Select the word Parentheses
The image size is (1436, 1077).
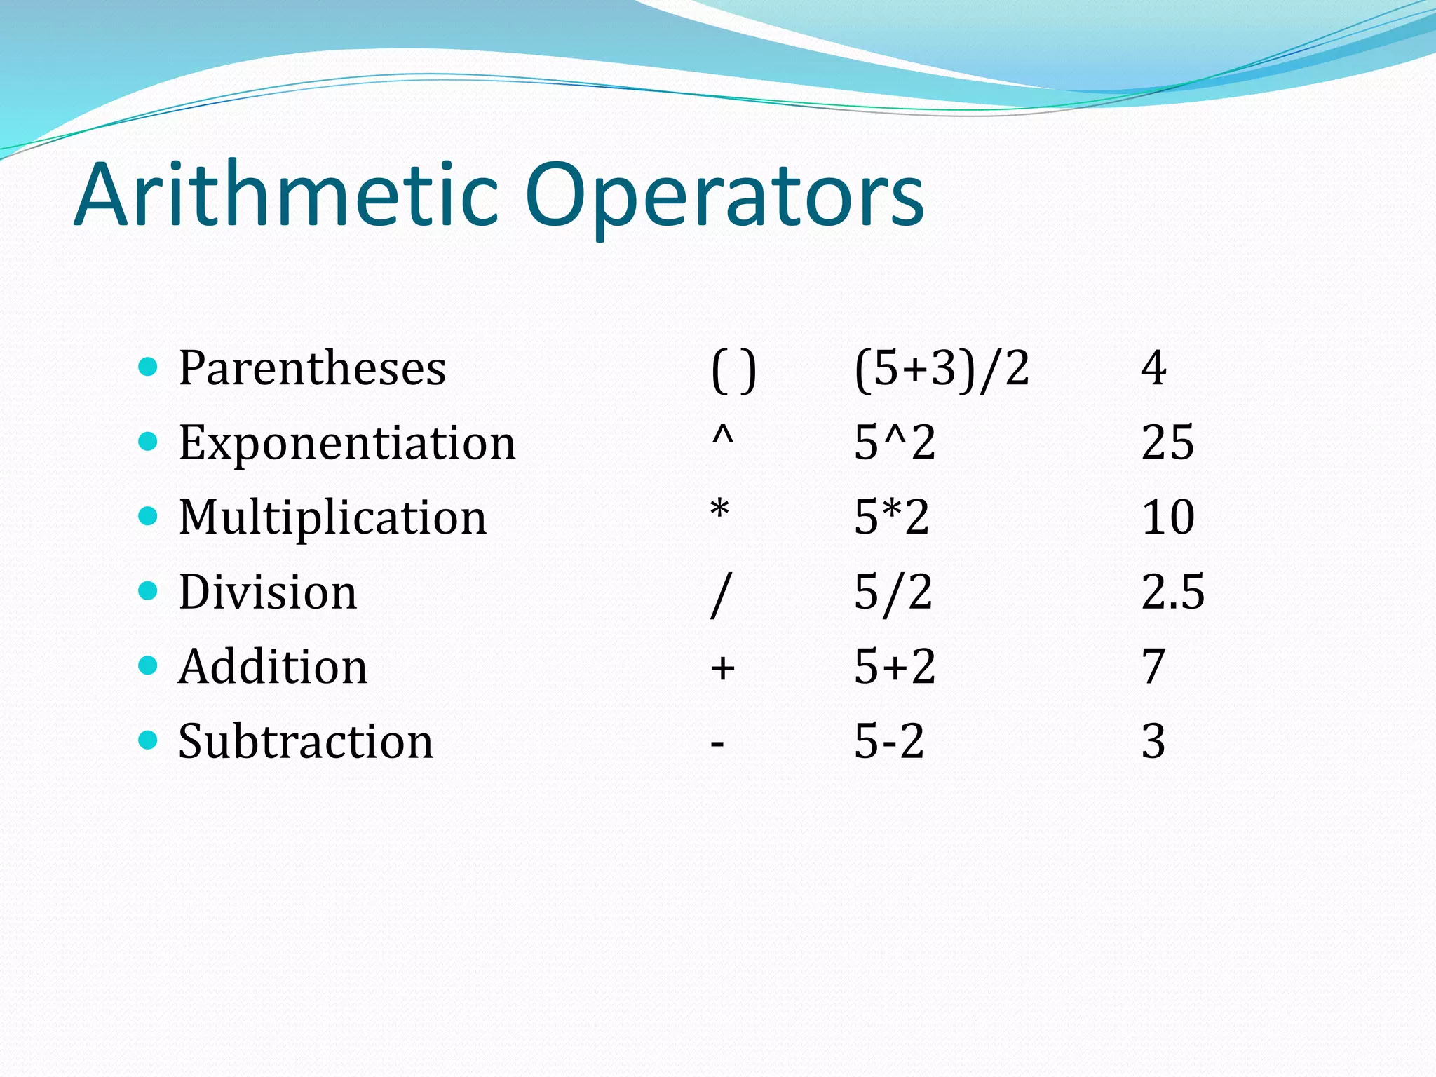312,368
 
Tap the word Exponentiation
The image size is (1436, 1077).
347,443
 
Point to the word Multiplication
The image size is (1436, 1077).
332,517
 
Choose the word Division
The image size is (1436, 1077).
268,592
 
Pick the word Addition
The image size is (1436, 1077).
273,666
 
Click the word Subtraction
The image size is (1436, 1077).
306,741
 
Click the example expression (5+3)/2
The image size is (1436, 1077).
942,368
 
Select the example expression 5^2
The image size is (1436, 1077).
895,442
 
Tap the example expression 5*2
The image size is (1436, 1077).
892,517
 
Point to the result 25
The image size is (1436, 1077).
1167,442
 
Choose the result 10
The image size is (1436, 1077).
1167,517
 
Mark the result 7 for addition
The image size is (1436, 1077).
1153,666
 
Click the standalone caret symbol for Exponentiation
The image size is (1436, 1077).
722,436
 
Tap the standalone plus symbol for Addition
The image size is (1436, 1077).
722,668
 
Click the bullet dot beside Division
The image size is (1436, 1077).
148,590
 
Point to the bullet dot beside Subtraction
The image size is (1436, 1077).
148,740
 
